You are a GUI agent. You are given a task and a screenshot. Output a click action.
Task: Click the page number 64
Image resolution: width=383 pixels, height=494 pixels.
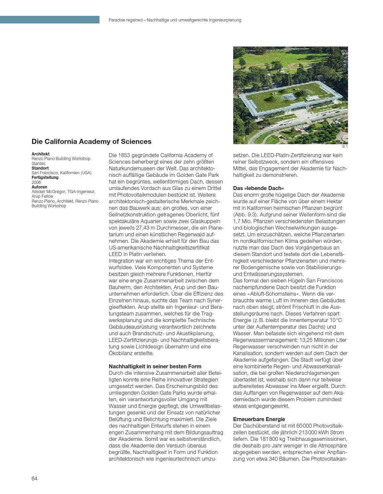34,478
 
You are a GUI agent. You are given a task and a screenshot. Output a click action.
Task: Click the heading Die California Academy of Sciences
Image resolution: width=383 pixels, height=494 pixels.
91,142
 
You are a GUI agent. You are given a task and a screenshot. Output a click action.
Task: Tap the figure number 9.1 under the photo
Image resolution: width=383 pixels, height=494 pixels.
345,147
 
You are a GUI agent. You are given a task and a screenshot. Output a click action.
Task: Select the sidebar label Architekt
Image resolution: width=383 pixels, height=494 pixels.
40,154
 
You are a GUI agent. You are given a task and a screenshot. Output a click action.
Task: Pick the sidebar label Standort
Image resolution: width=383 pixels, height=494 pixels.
40,168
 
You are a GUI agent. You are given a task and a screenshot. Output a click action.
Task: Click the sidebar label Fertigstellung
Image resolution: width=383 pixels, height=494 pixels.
45,177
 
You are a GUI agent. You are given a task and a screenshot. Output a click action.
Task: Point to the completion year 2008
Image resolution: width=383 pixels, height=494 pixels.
36,182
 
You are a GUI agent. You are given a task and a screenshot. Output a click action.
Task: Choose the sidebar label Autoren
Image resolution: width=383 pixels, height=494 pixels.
39,187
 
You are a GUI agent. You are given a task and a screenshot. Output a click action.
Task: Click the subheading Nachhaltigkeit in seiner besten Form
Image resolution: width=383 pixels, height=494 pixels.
155,366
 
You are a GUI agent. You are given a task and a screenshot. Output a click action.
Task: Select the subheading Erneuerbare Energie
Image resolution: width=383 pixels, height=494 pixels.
259,419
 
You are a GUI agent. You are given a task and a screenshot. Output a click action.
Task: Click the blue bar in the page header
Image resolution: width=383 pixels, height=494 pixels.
50,19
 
